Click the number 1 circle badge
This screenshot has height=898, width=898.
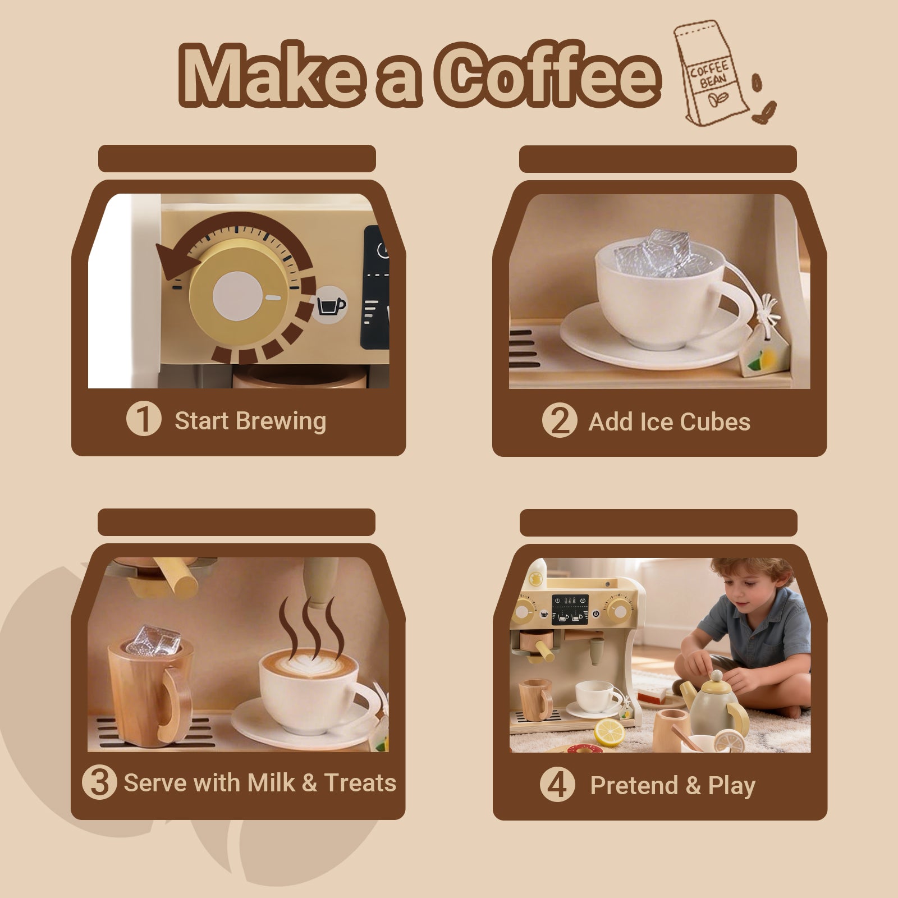click(x=144, y=420)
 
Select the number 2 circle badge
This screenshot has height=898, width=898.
click(x=560, y=421)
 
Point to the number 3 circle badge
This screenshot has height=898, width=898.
click(x=99, y=782)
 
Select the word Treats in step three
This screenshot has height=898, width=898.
click(x=360, y=782)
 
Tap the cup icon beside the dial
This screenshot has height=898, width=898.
click(x=331, y=305)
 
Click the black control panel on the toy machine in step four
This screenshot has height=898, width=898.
click(x=570, y=610)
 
